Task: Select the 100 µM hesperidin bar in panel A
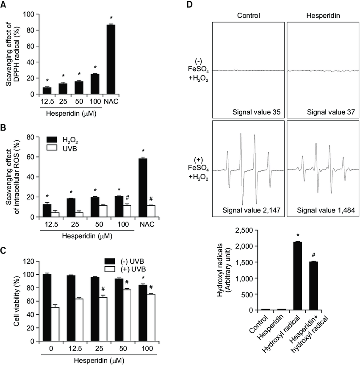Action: coord(95,84)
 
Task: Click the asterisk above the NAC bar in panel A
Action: coord(111,18)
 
